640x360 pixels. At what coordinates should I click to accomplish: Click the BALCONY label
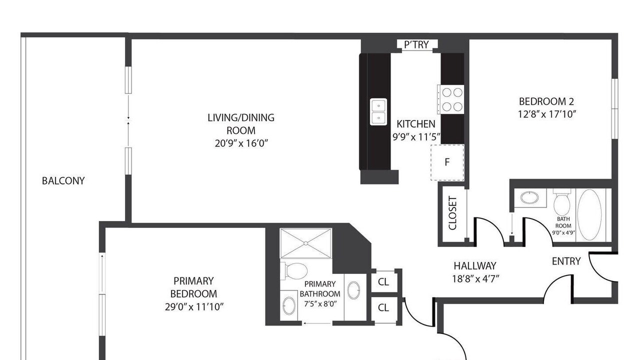[63, 181]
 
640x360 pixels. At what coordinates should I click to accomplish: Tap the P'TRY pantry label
[416, 45]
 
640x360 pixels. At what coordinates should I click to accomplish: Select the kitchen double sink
[378, 111]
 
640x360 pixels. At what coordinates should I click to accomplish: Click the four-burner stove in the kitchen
[451, 99]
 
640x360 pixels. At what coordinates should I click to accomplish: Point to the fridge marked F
[447, 162]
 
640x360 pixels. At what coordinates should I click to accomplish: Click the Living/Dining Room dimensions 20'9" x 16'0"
[241, 143]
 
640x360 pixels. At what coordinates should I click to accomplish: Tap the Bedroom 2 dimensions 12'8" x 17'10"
[546, 114]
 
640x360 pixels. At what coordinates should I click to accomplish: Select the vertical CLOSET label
[453, 213]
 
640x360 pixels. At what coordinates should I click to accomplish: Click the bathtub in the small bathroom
[589, 214]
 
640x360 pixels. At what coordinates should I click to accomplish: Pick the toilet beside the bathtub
[562, 202]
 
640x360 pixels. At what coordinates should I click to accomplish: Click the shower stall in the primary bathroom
[305, 243]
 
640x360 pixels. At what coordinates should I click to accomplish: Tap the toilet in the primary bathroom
[294, 271]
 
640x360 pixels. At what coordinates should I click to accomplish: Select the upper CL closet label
[383, 282]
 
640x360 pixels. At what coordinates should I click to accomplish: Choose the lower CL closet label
[383, 307]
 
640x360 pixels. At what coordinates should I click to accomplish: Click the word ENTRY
[566, 261]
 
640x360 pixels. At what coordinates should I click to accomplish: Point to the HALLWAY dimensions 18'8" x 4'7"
[475, 279]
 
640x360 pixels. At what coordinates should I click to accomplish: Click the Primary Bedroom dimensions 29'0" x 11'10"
[194, 307]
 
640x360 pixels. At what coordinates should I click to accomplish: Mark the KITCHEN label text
[416, 124]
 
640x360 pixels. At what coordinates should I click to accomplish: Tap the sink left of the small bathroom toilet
[529, 197]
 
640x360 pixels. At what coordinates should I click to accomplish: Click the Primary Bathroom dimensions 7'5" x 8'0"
[320, 303]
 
